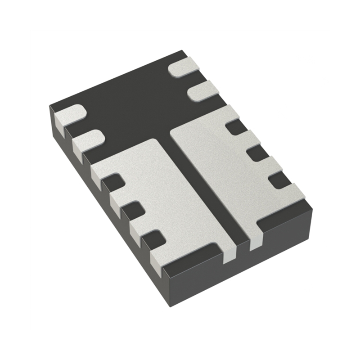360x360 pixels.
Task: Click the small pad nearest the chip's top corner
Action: point(184,67)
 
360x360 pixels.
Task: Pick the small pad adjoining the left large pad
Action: point(88,140)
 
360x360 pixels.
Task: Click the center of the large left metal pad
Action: point(171,198)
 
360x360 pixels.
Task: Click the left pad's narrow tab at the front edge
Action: point(229,255)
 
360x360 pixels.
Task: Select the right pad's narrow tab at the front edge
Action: point(255,241)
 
